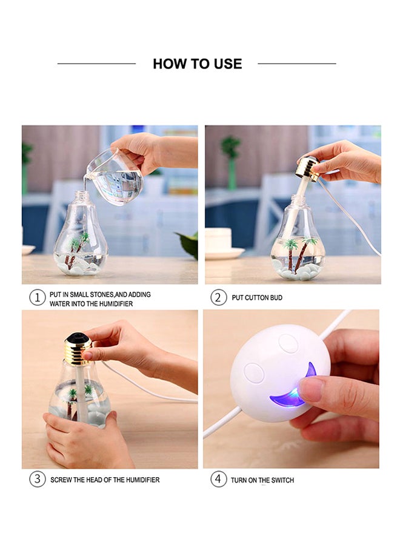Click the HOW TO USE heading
click(197, 64)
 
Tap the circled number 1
click(38, 297)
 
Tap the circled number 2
click(219, 297)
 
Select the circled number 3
click(38, 479)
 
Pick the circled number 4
click(219, 479)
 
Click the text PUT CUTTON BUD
click(257, 298)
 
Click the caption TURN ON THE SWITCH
click(262, 480)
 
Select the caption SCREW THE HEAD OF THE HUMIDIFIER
click(105, 480)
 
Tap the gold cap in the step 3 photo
click(78, 349)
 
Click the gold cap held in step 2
click(307, 168)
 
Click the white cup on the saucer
click(218, 239)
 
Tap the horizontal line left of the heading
click(96, 64)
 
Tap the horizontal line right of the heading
click(297, 64)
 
